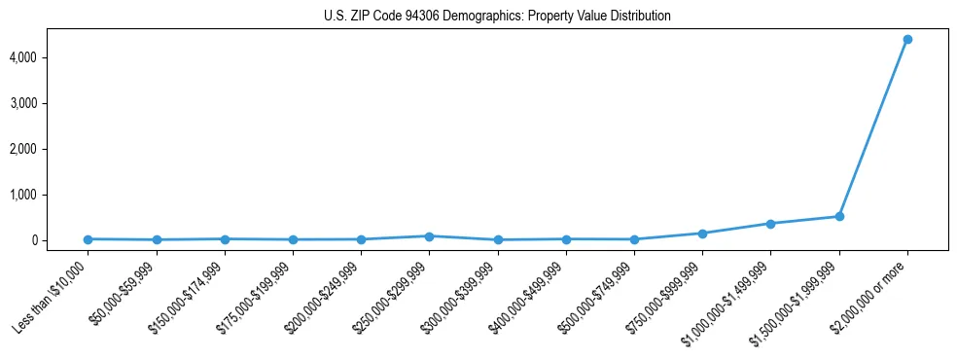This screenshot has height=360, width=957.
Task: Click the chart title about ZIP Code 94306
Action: (497, 17)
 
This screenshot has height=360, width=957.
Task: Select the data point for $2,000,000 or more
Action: (906, 39)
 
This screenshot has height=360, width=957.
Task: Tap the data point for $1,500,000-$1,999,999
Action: (838, 216)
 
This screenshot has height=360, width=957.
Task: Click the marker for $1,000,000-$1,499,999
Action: (770, 224)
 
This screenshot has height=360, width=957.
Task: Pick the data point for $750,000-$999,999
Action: (702, 234)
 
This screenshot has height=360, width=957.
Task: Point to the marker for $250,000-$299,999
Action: (429, 236)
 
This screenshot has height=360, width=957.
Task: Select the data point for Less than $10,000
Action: (89, 239)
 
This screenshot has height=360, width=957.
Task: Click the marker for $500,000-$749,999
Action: (634, 239)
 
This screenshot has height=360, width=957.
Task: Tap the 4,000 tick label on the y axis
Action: (50, 58)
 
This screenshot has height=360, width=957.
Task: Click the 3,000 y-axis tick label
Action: (50, 104)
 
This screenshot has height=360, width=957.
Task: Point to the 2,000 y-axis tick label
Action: (50, 150)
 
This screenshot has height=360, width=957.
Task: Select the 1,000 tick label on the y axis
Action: (50, 196)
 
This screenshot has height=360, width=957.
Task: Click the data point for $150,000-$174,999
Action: (225, 239)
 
